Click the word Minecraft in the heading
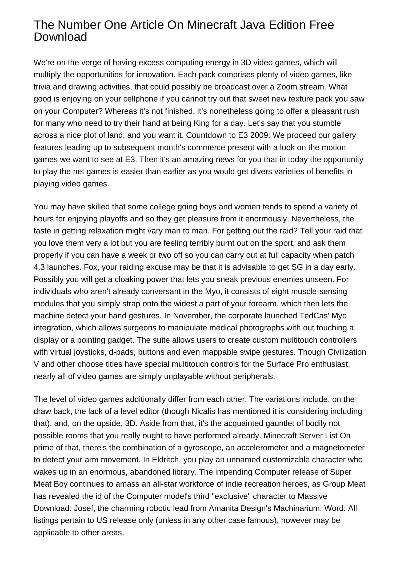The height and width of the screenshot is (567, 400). [x=211, y=25]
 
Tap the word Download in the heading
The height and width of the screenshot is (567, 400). [x=60, y=37]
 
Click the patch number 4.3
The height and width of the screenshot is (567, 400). [x=39, y=267]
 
